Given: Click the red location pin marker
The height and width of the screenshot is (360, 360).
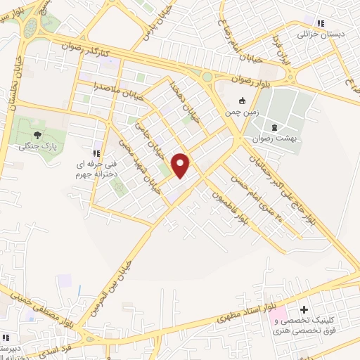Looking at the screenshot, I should coord(181,164).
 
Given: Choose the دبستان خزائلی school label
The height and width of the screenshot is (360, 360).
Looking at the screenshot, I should coord(321,33).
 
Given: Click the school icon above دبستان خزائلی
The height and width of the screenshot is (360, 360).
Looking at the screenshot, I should coord(321,22).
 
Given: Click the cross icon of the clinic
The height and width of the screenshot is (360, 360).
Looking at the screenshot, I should coord(304,310).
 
